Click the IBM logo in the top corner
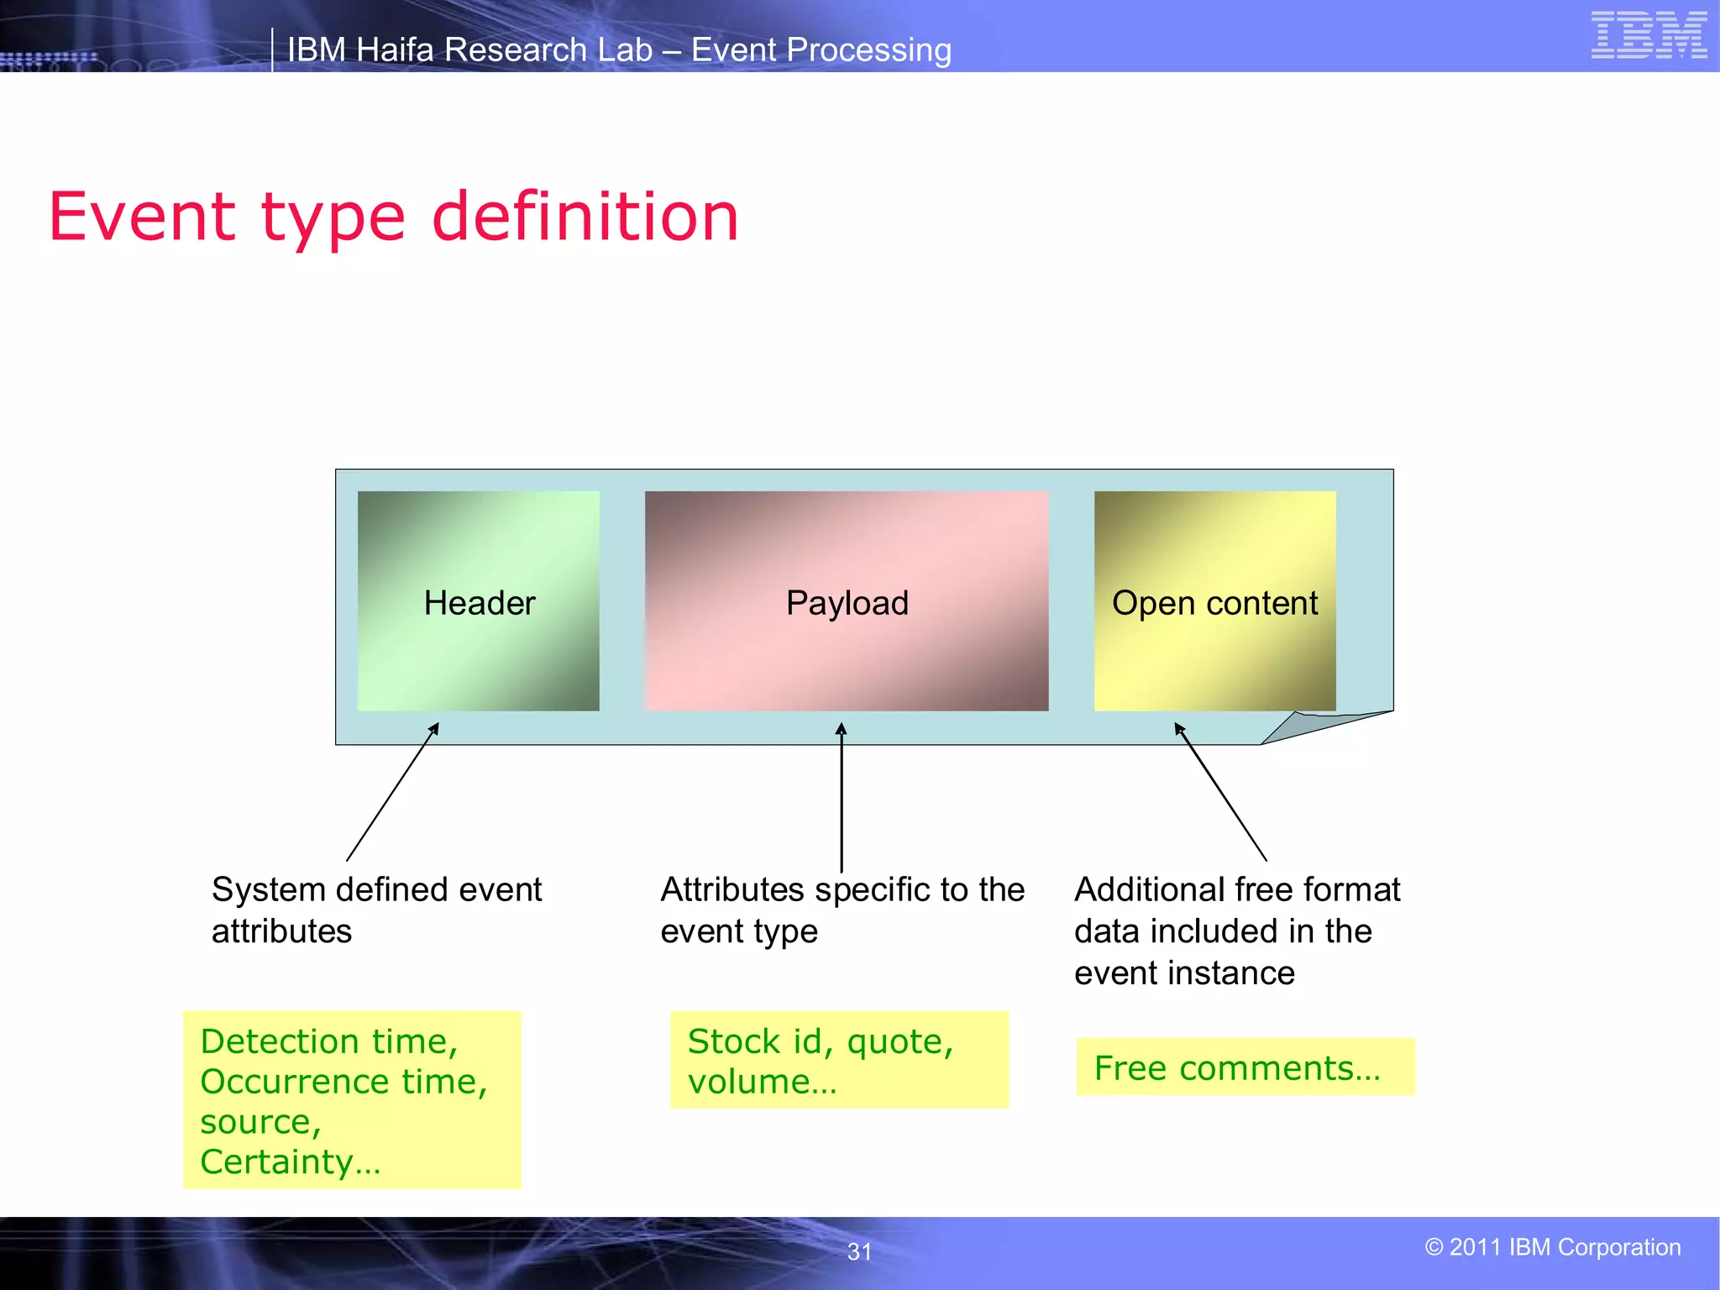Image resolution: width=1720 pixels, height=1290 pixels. point(1649,35)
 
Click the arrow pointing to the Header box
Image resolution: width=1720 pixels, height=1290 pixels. point(392,792)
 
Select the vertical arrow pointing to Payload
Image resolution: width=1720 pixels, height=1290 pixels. point(842,798)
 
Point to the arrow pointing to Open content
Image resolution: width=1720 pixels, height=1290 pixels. point(1220,792)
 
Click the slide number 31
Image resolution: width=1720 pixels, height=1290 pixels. point(859,1251)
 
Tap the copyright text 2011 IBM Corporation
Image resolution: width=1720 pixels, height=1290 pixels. point(1553,1247)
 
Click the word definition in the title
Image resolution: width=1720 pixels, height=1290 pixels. point(585,217)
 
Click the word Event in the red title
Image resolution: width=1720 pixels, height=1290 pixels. point(141,217)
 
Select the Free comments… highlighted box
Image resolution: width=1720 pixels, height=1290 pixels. point(1245,1067)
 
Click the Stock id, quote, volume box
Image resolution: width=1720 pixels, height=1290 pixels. point(838,1060)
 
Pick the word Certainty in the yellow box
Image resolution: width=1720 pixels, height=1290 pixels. point(276,1162)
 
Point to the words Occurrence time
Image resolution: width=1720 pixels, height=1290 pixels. point(343,1082)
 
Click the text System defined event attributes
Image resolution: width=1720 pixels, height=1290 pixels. point(376,910)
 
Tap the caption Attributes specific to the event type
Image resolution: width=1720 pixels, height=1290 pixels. point(842,910)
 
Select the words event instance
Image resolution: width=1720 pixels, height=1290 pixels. point(1184,973)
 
